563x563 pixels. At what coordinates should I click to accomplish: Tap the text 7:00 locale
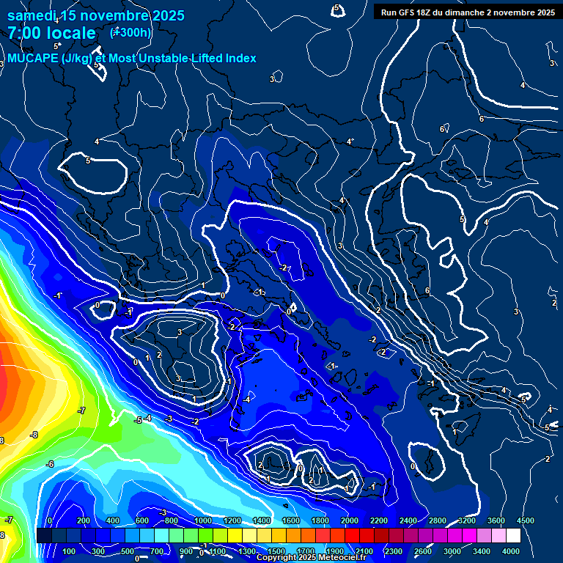click(x=51, y=33)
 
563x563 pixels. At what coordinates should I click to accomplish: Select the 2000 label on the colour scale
click(x=349, y=520)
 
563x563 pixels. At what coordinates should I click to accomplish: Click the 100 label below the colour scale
click(x=70, y=551)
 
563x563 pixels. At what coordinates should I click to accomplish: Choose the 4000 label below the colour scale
click(x=511, y=551)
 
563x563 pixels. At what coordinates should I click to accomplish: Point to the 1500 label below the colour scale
click(x=276, y=551)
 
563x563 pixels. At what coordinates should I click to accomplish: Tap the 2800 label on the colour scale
click(x=437, y=520)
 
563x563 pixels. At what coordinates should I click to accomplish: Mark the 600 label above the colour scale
click(x=142, y=520)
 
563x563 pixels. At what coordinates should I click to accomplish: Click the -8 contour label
click(x=34, y=435)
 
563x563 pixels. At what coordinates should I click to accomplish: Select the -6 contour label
click(x=50, y=464)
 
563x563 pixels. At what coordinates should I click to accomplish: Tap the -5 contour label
click(x=137, y=420)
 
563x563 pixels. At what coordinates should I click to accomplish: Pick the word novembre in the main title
click(x=114, y=15)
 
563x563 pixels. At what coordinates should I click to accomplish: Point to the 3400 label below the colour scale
click(x=482, y=551)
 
